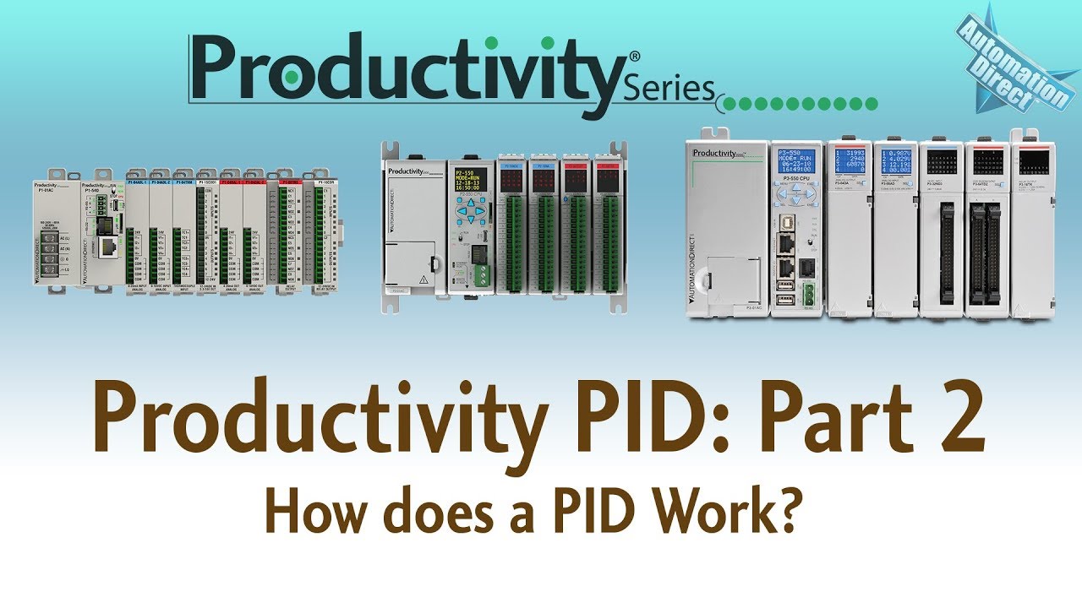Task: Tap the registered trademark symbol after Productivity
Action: [x=634, y=56]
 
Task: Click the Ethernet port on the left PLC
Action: [x=107, y=247]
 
